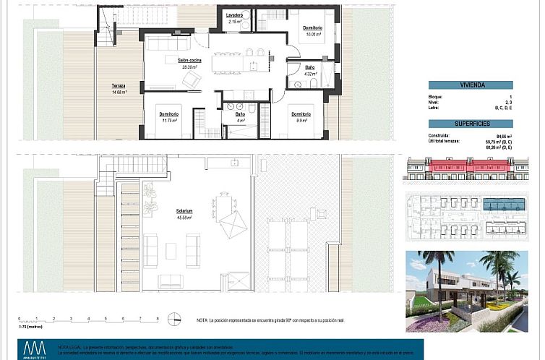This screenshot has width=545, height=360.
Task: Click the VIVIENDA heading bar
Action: coord(471,85)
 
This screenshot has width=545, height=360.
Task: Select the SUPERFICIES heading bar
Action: coord(471,123)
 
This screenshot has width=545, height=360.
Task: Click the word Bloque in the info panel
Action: coord(435,96)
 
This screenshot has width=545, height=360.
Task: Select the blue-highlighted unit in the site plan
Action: coord(505,205)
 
